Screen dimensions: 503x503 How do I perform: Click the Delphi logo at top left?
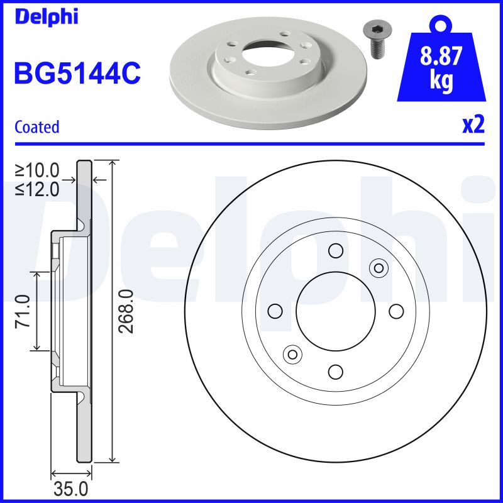point(46,16)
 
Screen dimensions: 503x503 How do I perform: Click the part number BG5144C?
point(77,74)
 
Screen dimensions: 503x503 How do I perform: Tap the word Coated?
point(37,127)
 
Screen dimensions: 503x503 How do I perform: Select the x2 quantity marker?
point(473,125)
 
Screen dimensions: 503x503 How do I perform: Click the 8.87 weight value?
point(442,58)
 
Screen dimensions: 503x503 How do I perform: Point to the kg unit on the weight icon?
point(441,82)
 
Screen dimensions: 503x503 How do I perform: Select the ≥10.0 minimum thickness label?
point(38,170)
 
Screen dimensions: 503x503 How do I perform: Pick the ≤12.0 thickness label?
point(38,188)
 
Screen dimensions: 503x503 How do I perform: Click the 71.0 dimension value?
point(23,311)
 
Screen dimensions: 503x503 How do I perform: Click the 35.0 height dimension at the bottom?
point(71,489)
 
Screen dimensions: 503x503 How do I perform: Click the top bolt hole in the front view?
point(335,251)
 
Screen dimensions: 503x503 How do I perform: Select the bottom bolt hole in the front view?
point(335,371)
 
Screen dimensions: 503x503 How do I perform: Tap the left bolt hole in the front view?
point(275,311)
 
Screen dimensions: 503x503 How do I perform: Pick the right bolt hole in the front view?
point(395,311)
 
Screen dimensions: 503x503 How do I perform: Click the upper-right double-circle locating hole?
point(378,268)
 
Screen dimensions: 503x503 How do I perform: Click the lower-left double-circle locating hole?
point(292,354)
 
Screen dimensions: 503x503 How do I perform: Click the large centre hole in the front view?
point(335,311)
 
